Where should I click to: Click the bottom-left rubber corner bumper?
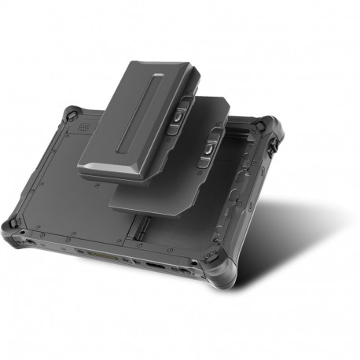[14, 229]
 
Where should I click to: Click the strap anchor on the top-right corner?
[274, 146]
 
